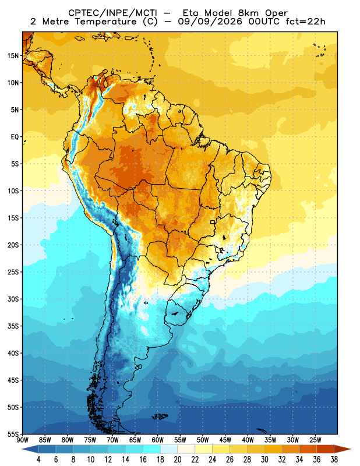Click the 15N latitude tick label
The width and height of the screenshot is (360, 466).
pos(13,55)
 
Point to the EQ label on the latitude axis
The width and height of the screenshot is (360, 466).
pos(15,137)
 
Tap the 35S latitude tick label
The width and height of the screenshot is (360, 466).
pos(13,326)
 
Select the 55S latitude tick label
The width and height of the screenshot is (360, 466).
pos(13,434)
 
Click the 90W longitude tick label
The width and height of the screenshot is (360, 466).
pos(22,440)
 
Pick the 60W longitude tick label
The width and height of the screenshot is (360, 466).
pos(157,440)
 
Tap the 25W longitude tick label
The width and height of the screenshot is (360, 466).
pos(315,440)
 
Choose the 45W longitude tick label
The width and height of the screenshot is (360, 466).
pos(225,440)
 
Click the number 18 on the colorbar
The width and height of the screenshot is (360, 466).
pos(160,460)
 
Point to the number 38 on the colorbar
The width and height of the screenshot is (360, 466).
pos(334,460)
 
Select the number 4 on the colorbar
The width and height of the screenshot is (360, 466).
pos(38,460)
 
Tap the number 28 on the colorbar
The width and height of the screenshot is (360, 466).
pos(247,460)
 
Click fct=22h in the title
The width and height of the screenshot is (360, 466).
pos(305,22)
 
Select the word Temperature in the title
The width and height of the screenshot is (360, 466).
pos(105,22)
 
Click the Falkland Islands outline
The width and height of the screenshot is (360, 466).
pos(160,416)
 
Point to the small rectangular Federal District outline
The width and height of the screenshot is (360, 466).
pos(213,222)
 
